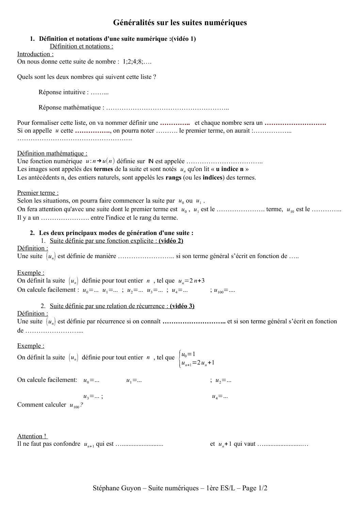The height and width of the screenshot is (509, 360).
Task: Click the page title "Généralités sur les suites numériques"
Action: click(180, 23)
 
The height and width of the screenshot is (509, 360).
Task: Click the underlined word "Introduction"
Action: click(35, 54)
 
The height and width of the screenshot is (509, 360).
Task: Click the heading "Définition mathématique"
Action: click(52, 154)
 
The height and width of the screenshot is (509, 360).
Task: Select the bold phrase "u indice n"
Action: click(230, 169)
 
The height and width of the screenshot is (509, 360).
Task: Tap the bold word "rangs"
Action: click(173, 177)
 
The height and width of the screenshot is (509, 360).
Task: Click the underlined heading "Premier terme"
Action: click(38, 193)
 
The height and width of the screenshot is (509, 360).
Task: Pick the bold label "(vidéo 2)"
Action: click(171, 241)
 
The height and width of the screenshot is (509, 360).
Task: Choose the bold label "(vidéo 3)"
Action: click(182, 306)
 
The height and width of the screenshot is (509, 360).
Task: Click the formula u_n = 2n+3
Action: click(191, 281)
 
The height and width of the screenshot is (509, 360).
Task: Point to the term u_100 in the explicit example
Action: click(218, 291)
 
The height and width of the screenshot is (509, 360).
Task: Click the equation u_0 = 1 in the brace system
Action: click(188, 354)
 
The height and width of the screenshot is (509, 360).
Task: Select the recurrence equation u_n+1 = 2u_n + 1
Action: click(198, 363)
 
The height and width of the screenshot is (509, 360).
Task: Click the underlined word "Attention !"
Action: click(32, 436)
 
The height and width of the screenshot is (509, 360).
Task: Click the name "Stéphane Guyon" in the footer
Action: click(117, 488)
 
